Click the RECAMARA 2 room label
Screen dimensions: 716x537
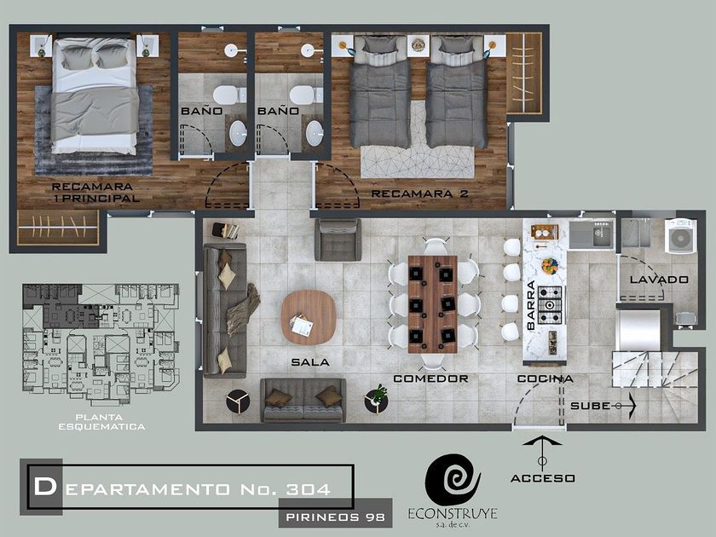coord(419,193)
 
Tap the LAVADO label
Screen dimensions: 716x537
coord(659,280)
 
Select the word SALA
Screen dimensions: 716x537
coord(310,362)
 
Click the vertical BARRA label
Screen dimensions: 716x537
coord(531,305)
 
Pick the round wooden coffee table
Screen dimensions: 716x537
coord(309,317)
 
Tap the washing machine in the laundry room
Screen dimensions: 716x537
coord(680,235)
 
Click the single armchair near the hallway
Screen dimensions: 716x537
coord(338,240)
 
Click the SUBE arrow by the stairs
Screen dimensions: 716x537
coord(626,406)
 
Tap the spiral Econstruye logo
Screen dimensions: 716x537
coord(453,479)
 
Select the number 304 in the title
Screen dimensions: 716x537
coord(309,489)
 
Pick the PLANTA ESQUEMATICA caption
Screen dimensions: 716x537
coord(101,422)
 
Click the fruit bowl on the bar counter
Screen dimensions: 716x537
coord(550,266)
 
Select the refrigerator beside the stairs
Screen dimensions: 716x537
coord(638,331)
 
